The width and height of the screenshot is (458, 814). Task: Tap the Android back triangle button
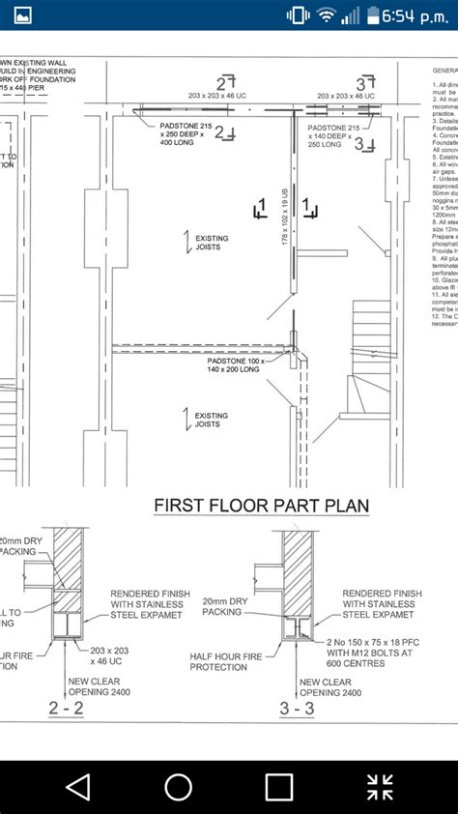tap(77, 787)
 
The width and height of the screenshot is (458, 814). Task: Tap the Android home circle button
tap(179, 787)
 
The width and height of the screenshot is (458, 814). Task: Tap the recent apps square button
tap(279, 787)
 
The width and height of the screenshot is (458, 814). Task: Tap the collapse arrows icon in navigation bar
tap(380, 787)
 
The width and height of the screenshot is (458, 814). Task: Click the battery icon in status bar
tap(372, 15)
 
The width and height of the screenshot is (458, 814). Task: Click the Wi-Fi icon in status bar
tap(326, 15)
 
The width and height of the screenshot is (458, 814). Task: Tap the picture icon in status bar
tap(21, 15)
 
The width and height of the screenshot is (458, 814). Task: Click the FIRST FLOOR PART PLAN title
tap(261, 507)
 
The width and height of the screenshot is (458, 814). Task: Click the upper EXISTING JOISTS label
tap(212, 243)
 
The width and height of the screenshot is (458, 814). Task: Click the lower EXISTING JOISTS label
tap(212, 420)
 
